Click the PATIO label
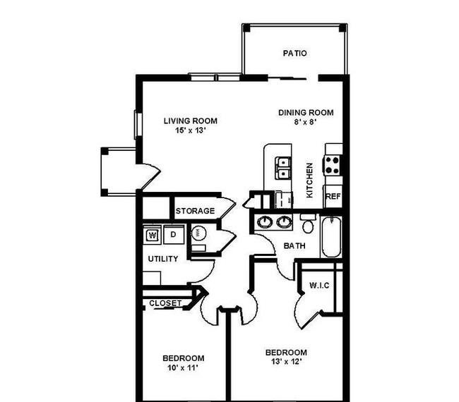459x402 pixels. (294, 53)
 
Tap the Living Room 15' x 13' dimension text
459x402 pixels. (191, 130)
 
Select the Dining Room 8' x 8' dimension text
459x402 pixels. (306, 122)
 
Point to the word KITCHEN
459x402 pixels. (309, 180)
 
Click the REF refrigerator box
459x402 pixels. (333, 196)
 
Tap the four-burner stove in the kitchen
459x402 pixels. (332, 165)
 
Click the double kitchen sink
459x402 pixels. (282, 168)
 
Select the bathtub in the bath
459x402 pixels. (331, 236)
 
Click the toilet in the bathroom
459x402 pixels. (308, 224)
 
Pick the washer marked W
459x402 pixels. (153, 234)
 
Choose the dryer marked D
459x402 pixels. (174, 234)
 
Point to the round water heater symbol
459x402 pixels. (198, 233)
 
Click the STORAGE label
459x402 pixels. (195, 211)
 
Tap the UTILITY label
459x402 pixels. (163, 259)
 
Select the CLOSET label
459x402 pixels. (165, 303)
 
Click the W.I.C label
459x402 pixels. (319, 285)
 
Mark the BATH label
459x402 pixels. (294, 246)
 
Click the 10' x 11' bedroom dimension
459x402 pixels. (183, 367)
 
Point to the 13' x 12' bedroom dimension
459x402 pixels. (286, 362)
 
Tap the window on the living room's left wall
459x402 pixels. (138, 125)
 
